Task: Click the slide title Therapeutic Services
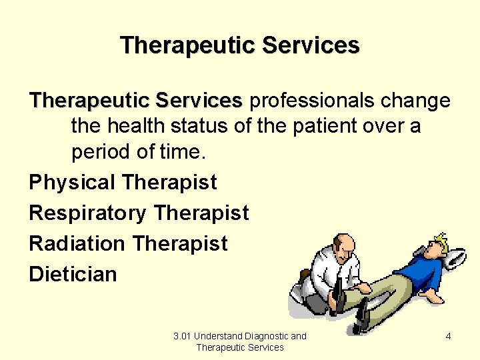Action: [240, 45]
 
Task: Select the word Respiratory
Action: [87, 213]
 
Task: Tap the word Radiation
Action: [77, 244]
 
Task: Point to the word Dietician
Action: [73, 274]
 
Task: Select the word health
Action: [139, 126]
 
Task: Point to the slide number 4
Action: [448, 336]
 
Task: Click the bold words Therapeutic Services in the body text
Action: [135, 101]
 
